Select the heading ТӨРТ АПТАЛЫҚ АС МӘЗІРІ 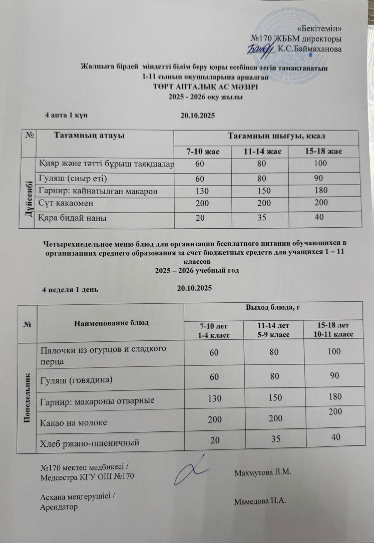pos(206,87)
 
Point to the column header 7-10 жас pos(203,151)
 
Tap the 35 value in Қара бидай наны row pos(262,218)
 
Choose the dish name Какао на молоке pos(74,423)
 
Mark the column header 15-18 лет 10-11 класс pos(334,330)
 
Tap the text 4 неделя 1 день pos(70,289)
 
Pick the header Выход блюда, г pos(274,308)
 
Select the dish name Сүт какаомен pos(66,203)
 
